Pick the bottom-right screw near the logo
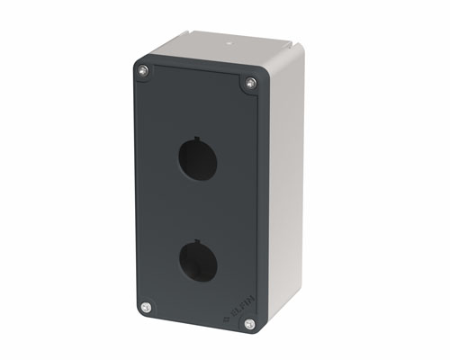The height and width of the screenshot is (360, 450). click(249, 324)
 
